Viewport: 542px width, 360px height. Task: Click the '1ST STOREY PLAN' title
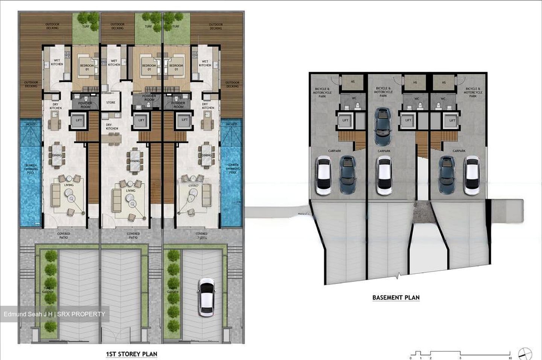coord(131,354)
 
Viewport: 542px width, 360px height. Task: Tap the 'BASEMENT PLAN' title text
coord(396,297)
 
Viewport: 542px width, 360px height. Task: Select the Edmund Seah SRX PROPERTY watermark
coord(55,314)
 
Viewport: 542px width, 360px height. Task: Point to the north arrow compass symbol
coord(525,354)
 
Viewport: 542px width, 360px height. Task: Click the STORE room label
coord(111,102)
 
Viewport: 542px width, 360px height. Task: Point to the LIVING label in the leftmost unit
coord(69,185)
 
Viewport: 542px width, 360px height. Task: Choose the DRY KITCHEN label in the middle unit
coord(111,127)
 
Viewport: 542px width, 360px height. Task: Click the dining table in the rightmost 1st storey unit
coord(206,155)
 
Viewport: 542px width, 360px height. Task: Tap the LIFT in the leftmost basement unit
coord(345,121)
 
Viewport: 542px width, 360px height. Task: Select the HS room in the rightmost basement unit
coord(444,82)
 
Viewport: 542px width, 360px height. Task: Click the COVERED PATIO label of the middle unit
coord(133,236)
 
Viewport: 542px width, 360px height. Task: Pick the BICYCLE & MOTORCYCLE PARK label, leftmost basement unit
coord(323,93)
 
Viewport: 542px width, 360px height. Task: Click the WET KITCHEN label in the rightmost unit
coord(205,63)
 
